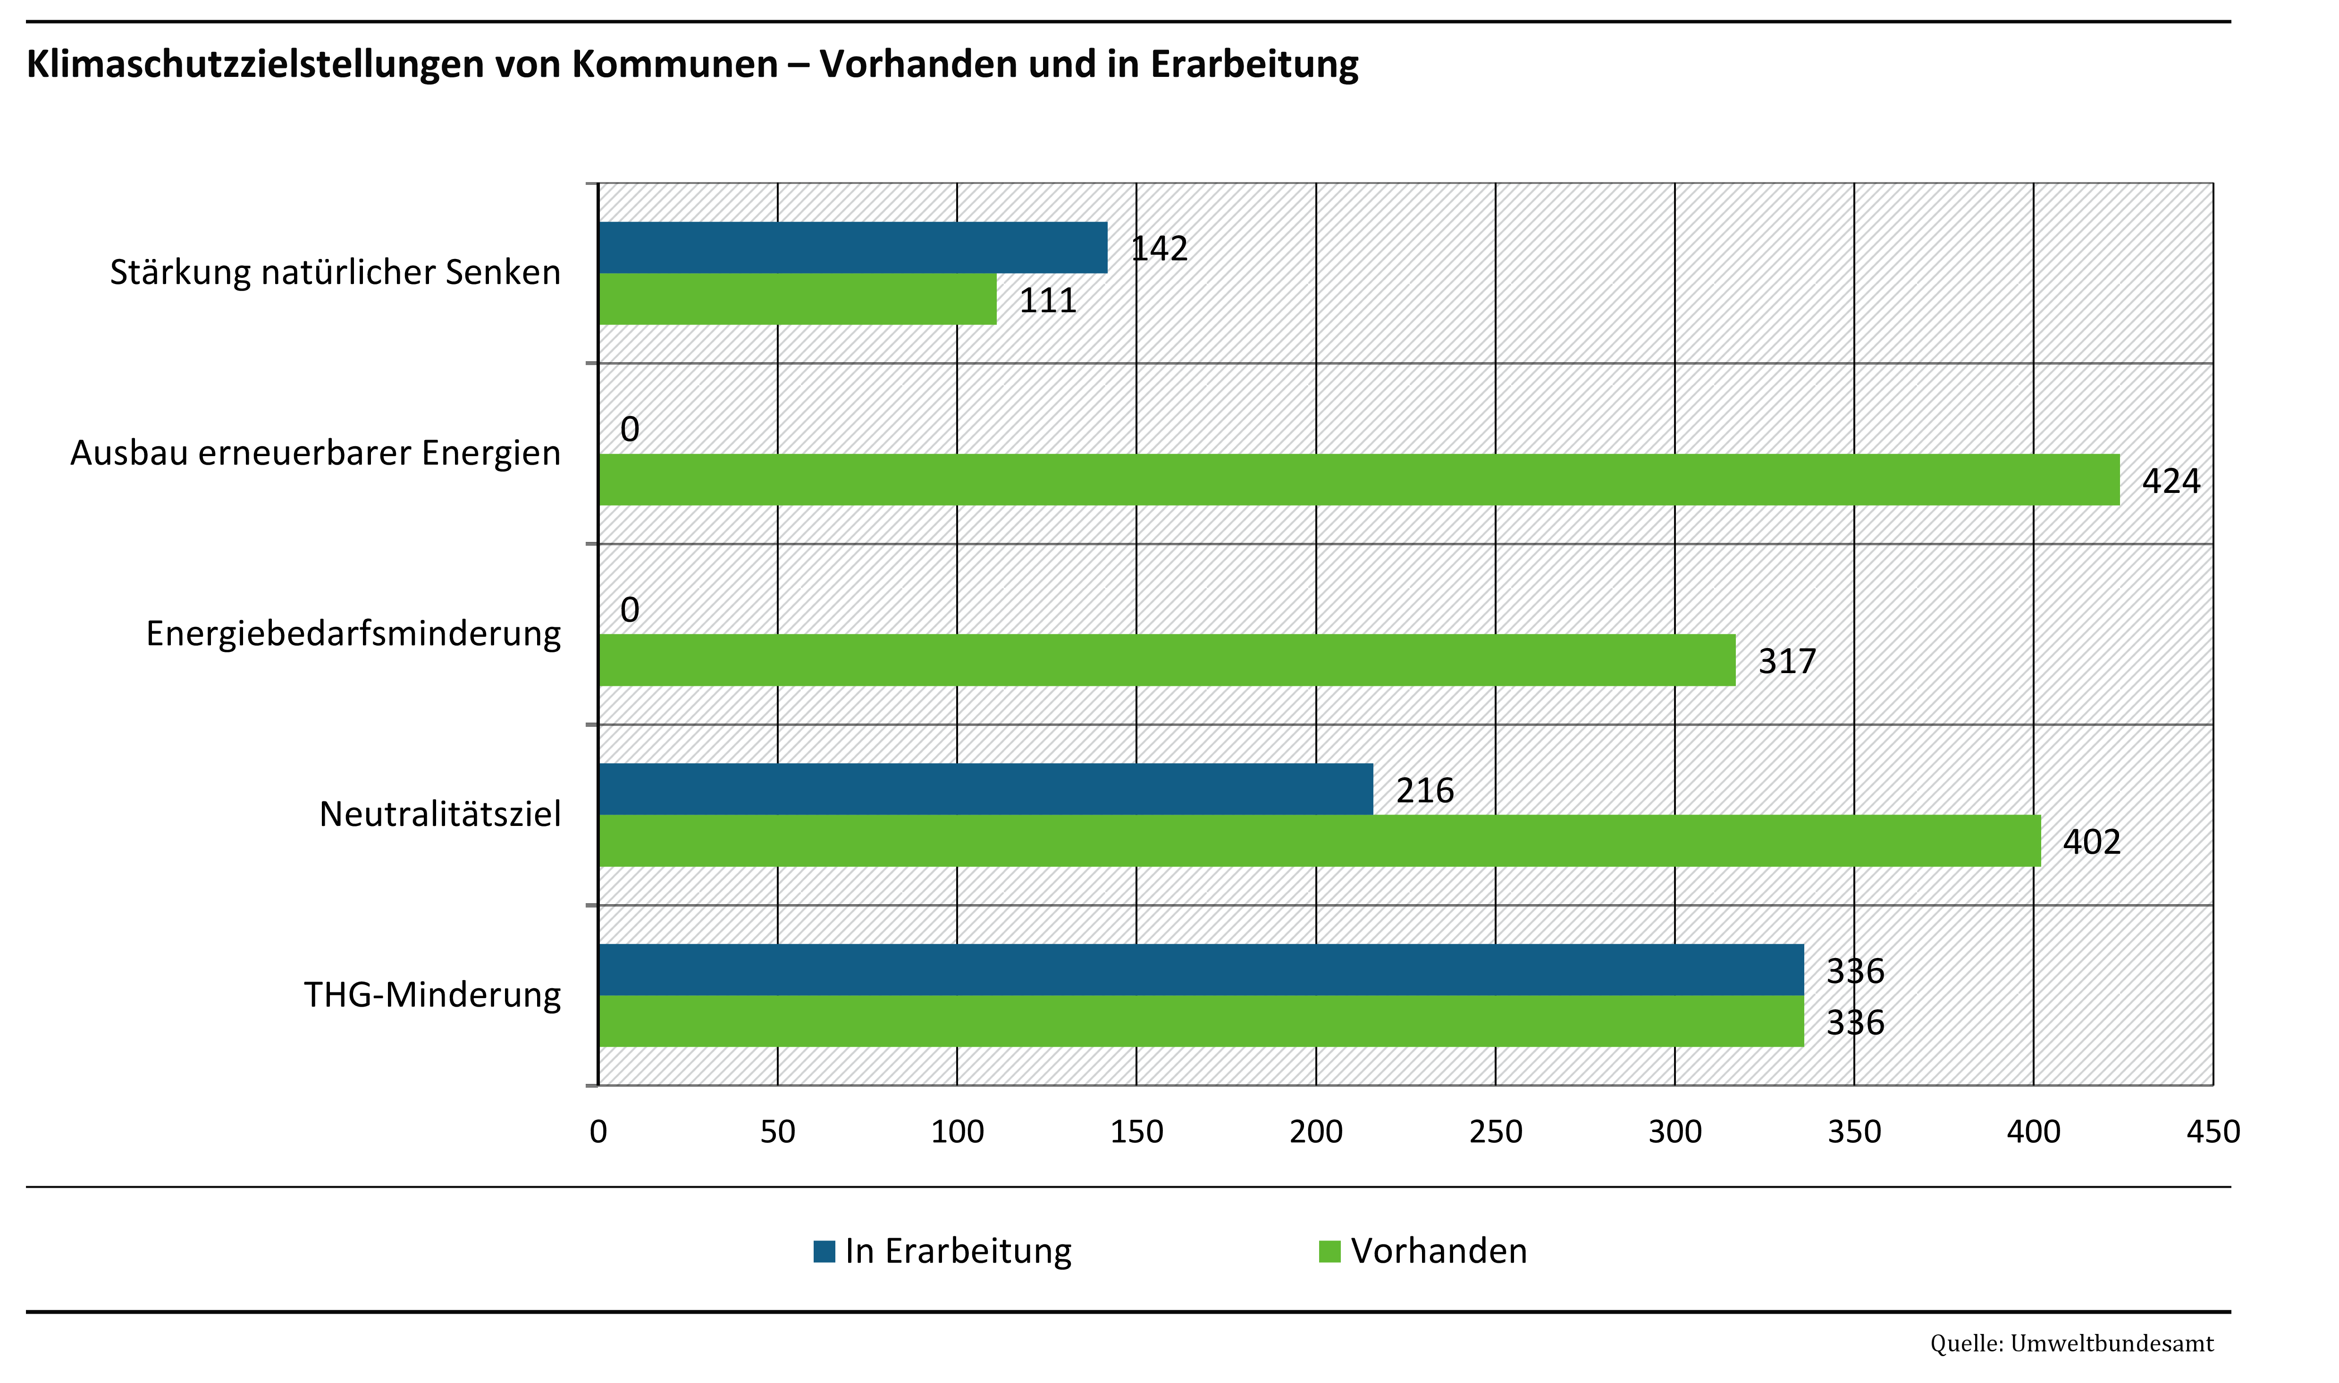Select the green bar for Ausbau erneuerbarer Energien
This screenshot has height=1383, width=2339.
click(1358, 480)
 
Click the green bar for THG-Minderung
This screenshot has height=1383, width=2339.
click(1201, 1021)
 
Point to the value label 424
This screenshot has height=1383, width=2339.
click(2170, 481)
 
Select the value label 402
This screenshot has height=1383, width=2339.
click(2091, 841)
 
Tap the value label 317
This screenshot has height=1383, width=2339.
click(1786, 661)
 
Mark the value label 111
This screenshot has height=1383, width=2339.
click(1048, 300)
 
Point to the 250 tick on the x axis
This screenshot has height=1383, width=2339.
click(1495, 1132)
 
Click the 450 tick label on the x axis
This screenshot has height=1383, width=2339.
click(2212, 1132)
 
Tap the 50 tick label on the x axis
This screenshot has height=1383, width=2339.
click(777, 1132)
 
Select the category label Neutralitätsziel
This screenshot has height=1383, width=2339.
click(440, 814)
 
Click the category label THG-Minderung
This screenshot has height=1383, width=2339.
click(433, 994)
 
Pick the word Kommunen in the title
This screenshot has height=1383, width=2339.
click(674, 63)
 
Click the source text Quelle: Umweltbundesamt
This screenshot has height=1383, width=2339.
click(2071, 1343)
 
